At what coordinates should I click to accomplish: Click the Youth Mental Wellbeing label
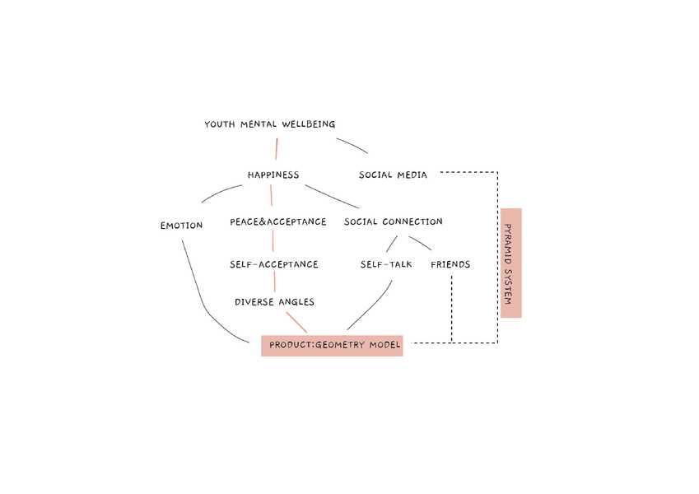tap(269, 124)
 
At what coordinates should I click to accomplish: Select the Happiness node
tap(273, 175)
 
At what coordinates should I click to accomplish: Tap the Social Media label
tap(393, 175)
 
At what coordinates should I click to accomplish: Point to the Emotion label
tap(181, 225)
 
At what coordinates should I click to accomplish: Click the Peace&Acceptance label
tap(277, 221)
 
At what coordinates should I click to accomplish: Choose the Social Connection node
tap(393, 221)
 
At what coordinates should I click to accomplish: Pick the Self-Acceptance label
tap(273, 264)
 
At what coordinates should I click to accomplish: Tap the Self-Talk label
tap(385, 264)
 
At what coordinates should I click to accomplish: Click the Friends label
tap(450, 264)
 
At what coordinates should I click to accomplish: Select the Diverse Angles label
tap(274, 302)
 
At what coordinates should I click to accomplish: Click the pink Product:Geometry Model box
tap(332, 346)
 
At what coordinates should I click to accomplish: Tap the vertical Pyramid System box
tap(510, 263)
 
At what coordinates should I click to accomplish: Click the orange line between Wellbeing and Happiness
tap(277, 149)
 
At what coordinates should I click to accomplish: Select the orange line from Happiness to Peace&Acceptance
tap(271, 198)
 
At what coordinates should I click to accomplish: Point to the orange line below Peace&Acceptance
tap(273, 241)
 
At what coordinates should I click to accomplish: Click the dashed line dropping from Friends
tap(452, 309)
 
